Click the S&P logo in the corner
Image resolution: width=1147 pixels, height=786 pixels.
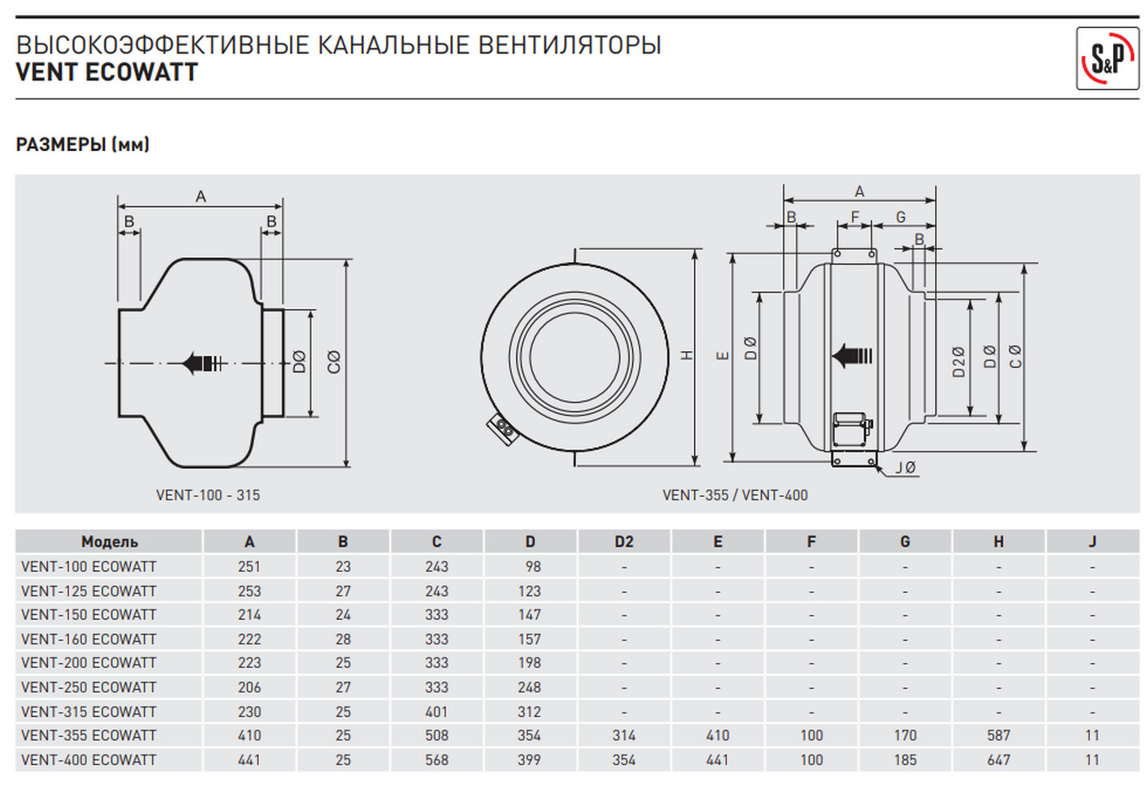[1107, 58]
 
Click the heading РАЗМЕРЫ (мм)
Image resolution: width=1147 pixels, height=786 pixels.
[83, 145]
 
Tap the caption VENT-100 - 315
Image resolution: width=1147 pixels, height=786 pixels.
[208, 495]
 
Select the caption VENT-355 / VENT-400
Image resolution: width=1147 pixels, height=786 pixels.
[735, 495]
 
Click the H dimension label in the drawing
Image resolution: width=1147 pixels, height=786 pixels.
[687, 355]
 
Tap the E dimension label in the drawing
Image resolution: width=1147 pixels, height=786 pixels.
[721, 355]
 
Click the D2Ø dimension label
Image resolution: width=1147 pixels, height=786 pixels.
[959, 357]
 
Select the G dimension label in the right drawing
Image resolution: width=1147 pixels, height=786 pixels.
[900, 216]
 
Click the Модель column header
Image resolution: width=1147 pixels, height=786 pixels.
[109, 541]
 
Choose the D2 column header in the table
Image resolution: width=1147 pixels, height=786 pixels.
[623, 541]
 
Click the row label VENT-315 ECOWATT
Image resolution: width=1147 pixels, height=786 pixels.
[88, 712]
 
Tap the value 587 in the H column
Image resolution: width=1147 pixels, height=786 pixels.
[999, 736]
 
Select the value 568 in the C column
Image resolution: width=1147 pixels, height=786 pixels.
[436, 760]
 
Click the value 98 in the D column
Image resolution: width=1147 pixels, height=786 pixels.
[533, 566]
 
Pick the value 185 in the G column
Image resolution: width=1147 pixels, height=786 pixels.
[905, 760]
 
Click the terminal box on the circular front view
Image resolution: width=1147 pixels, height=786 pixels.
[505, 427]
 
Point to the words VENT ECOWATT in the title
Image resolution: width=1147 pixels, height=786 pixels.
[107, 72]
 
